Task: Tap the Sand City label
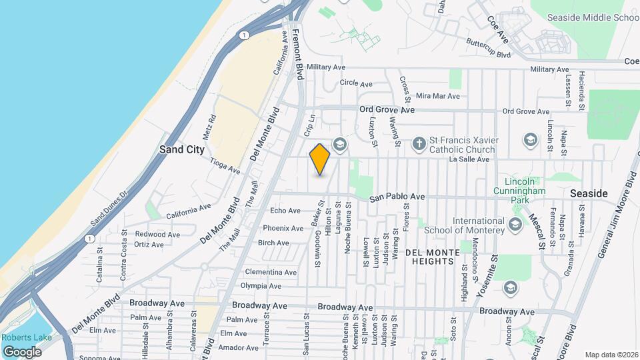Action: pyautogui.click(x=181, y=150)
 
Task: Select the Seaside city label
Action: pyautogui.click(x=589, y=193)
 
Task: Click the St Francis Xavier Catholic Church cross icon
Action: pyautogui.click(x=419, y=142)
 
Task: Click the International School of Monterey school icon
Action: pyautogui.click(x=515, y=225)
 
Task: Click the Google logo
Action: pyautogui.click(x=22, y=351)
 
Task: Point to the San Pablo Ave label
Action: pyautogui.click(x=398, y=197)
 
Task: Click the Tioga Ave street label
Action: pyautogui.click(x=225, y=166)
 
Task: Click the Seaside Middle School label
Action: pyautogui.click(x=593, y=18)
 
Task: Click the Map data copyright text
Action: pyautogui.click(x=611, y=355)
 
